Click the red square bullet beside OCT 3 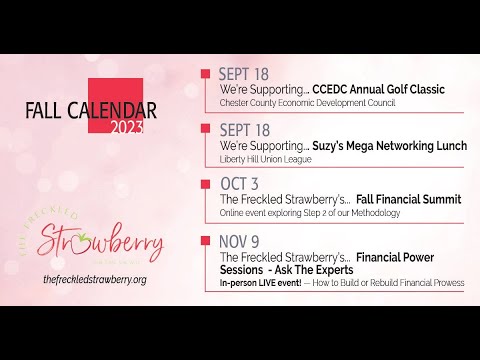tap(206, 185)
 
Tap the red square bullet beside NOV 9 tap(206, 242)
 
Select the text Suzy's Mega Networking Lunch tap(390, 146)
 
